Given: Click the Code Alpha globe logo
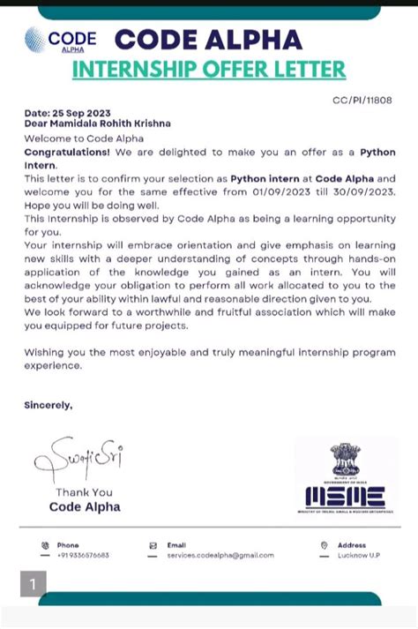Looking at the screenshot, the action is pos(36,40).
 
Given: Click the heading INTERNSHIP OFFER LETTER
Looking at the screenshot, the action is pos(208,70).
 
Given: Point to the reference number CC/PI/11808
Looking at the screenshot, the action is pos(362,101).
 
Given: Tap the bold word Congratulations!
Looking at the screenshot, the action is pos(65,152).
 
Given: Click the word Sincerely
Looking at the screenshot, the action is pos(48,405).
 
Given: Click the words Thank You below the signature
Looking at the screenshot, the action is pos(84,492).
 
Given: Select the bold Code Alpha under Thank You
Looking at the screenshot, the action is pos(85,506).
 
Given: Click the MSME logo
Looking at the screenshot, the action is pos(344,495).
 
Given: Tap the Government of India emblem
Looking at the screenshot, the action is pos(344,460).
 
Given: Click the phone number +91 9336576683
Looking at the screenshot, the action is pos(84,556).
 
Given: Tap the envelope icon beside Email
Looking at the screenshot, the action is pos(153,545).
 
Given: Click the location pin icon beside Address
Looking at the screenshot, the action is pos(325,545).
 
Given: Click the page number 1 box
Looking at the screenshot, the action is pos(33,584).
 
